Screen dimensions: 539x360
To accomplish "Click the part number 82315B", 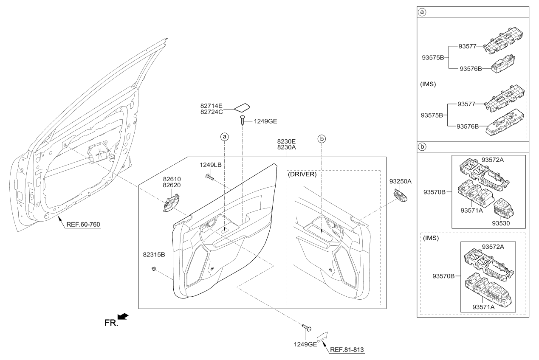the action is point(154,255).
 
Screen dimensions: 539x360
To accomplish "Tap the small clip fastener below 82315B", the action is point(153,268).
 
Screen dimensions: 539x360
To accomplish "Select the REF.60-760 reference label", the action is point(83,225).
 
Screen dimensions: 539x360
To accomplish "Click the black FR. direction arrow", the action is point(123,316).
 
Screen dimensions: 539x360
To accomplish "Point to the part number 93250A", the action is point(401,182).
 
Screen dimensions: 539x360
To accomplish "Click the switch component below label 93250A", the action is point(401,195).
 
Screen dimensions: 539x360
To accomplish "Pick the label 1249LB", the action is point(211,165).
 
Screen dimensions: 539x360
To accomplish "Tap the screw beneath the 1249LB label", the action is point(210,177).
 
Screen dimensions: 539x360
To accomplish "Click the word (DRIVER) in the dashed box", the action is point(302,174).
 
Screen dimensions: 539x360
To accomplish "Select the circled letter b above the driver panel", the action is point(322,139).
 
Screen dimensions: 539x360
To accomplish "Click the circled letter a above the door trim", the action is point(225,137).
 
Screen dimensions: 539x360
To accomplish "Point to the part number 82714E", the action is point(211,106).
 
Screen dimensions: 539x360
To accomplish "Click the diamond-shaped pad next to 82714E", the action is point(242,108).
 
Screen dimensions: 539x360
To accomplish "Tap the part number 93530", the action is point(501,223).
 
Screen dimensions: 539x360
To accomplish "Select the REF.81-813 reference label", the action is point(347,350).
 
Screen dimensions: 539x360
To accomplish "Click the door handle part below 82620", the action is point(171,203).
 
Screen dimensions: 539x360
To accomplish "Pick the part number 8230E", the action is point(286,141).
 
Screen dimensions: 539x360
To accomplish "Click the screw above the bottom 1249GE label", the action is point(307,327).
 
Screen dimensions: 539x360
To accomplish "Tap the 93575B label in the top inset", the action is point(433,58).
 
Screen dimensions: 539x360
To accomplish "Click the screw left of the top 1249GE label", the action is point(242,120).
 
